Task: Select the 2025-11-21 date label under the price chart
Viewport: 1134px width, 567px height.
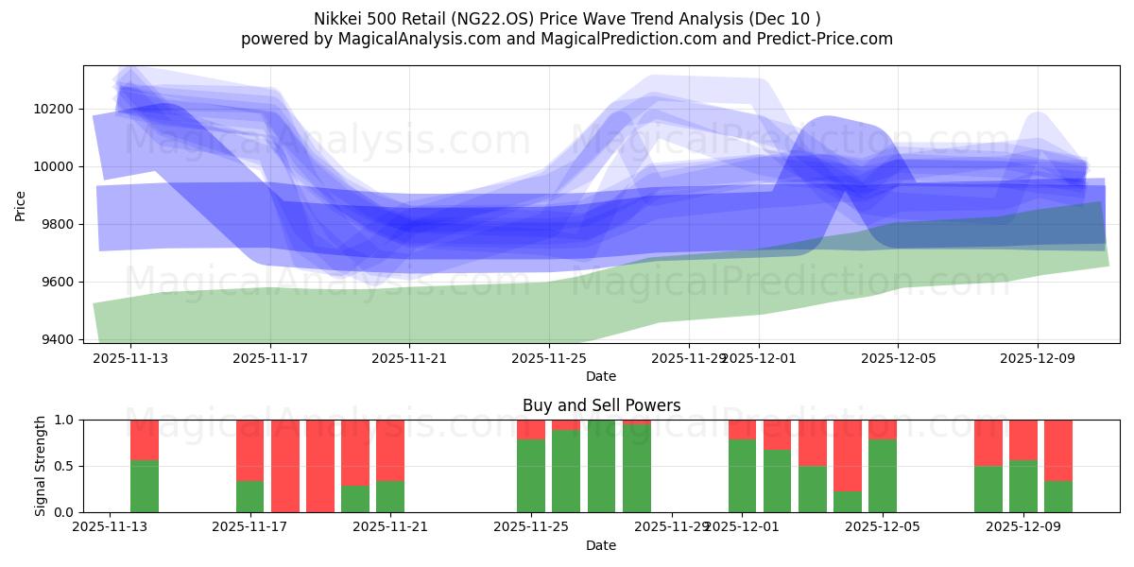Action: (409, 358)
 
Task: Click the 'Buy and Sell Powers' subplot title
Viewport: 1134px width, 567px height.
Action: (601, 405)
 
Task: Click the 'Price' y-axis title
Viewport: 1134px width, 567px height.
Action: (21, 204)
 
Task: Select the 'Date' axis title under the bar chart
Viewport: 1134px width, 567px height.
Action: (601, 545)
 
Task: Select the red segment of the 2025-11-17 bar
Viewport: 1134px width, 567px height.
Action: (250, 451)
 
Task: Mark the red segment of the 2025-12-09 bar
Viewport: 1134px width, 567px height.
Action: (1023, 440)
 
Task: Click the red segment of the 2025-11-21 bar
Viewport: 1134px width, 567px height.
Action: (390, 451)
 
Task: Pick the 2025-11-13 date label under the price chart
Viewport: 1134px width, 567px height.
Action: (130, 358)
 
